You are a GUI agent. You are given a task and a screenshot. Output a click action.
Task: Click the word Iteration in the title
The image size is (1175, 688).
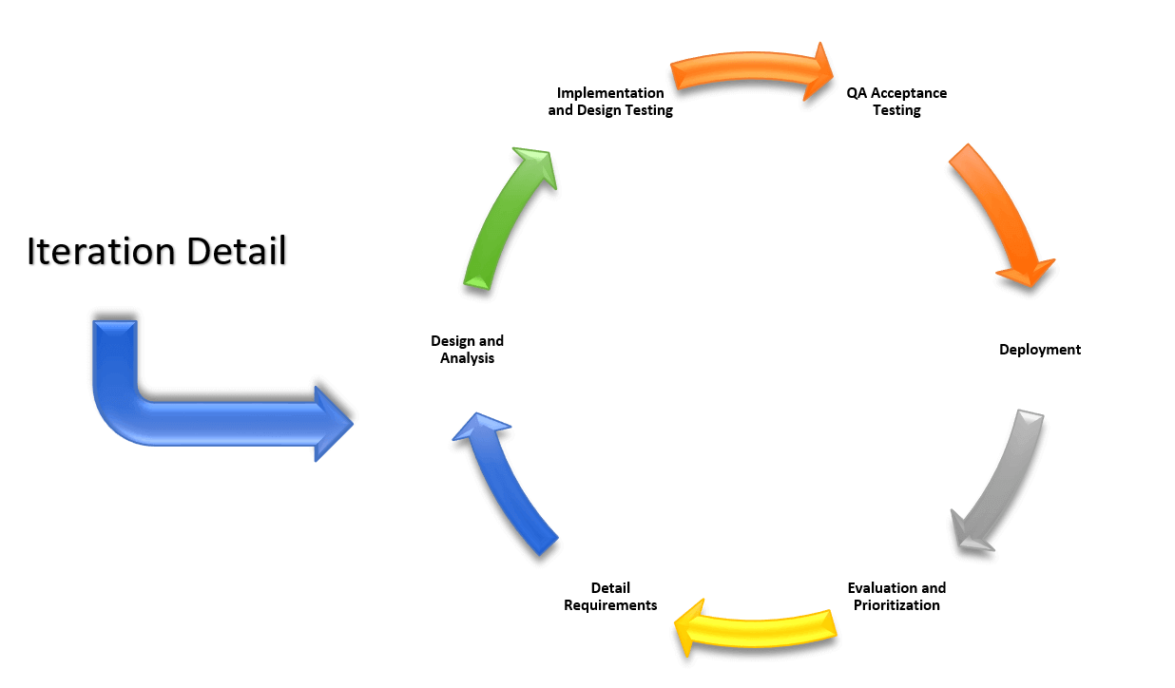coord(101,251)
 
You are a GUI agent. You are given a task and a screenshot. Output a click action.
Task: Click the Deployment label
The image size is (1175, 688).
coord(1040,350)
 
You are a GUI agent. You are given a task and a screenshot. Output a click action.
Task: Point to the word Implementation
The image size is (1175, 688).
coord(610,93)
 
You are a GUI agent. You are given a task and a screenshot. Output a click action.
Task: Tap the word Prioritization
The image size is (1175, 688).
coord(896,605)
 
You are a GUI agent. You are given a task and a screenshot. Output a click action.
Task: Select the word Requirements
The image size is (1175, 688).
coord(610,605)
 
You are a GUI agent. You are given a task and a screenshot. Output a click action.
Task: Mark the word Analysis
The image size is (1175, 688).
coord(467,359)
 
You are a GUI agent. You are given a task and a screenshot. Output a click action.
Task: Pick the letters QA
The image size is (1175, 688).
coord(857,93)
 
